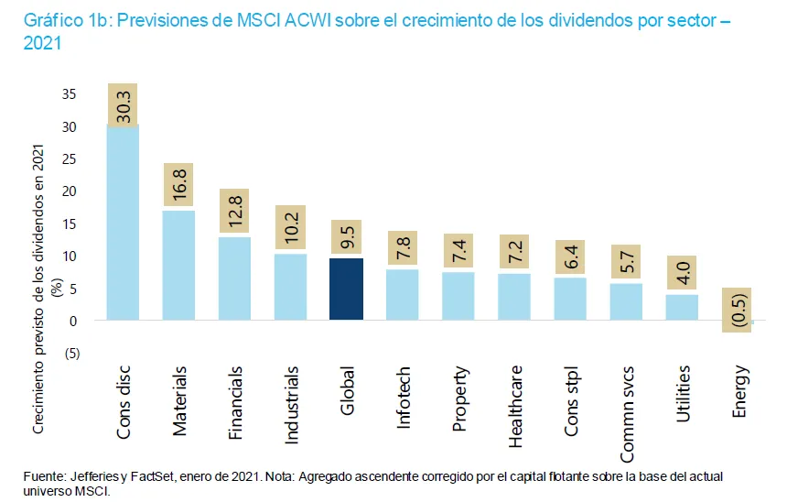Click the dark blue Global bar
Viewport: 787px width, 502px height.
pyautogui.click(x=347, y=289)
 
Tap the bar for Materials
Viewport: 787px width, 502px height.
pyautogui.click(x=178, y=266)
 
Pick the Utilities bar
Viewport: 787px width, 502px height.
pyautogui.click(x=682, y=307)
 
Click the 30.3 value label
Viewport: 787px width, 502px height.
pyautogui.click(x=123, y=104)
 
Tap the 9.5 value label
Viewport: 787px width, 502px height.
pyautogui.click(x=347, y=237)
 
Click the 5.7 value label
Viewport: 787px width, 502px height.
pyautogui.click(x=626, y=261)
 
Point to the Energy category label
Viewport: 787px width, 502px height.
pyautogui.click(x=739, y=392)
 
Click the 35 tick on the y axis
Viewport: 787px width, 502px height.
pyautogui.click(x=70, y=94)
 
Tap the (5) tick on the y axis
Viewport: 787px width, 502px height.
pyautogui.click(x=70, y=354)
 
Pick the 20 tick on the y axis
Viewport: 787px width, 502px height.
pyautogui.click(x=70, y=191)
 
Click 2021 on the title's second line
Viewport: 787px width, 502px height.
pyautogui.click(x=36, y=43)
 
